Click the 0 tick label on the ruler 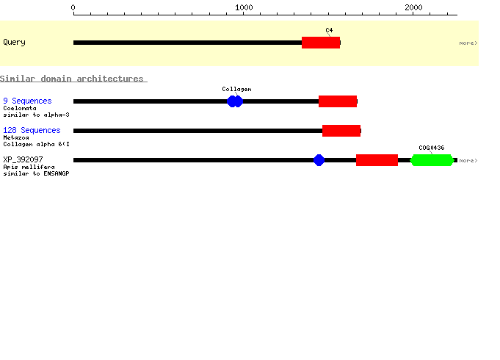coord(73,7)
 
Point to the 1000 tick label coord(244,7)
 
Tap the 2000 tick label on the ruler coord(413,7)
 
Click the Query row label coord(15,43)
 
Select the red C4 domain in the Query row coord(321,43)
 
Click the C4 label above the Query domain coord(329,30)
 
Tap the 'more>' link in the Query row coord(468,43)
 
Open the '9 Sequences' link coord(27,101)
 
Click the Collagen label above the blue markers coord(236,89)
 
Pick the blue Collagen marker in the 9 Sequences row coord(235,101)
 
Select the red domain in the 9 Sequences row coord(338,101)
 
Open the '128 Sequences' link coord(32,130)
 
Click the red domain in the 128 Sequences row coord(341,131)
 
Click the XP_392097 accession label coord(23,159)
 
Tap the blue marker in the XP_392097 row coord(319,160)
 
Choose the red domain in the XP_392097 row coord(377,160)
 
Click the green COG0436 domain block coord(432,160)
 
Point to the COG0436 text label coord(432,148)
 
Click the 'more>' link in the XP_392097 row coord(468,160)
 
